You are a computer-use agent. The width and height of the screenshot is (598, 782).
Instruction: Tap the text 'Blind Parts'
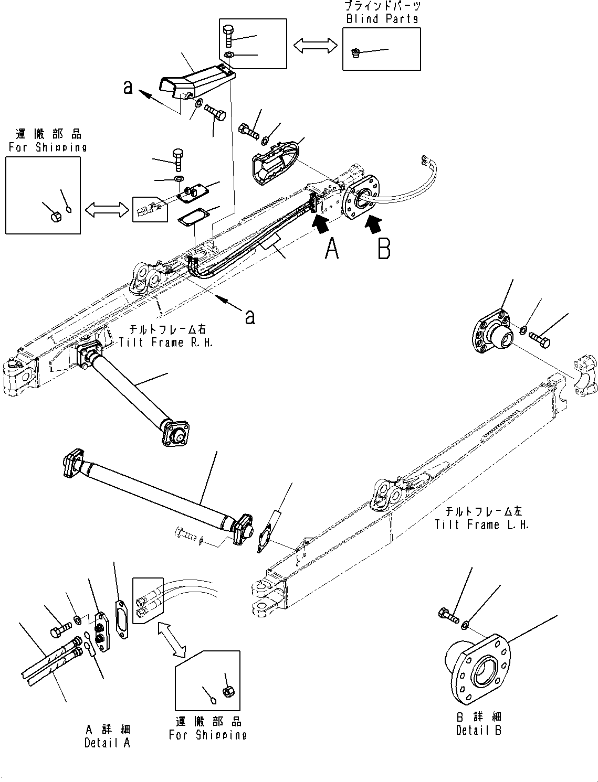click(x=382, y=19)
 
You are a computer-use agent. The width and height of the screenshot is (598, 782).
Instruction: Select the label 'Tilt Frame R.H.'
click(x=162, y=342)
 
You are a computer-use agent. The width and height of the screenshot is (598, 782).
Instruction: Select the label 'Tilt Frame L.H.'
click(x=481, y=524)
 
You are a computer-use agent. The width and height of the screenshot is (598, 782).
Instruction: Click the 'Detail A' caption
click(x=107, y=743)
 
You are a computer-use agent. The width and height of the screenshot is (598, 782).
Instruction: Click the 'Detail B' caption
click(x=478, y=730)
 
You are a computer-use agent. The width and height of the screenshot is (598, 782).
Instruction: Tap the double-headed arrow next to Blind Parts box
click(x=314, y=45)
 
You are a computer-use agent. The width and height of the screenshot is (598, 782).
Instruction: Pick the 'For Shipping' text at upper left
click(x=47, y=147)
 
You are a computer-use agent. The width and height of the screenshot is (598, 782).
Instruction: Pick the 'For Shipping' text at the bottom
click(x=207, y=735)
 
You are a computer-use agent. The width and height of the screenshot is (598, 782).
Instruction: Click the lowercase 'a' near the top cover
click(x=128, y=87)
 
